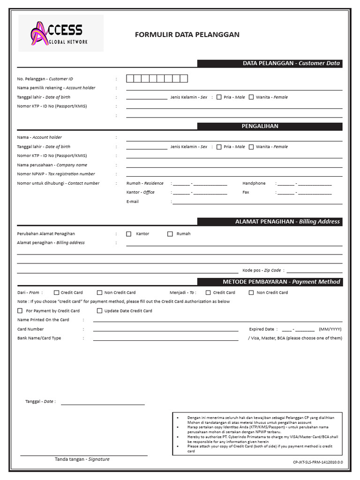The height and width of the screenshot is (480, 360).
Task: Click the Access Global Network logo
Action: (x=60, y=34)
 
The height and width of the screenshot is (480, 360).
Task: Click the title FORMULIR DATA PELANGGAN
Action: (x=187, y=35)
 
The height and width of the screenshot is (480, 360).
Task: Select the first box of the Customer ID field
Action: (x=130, y=79)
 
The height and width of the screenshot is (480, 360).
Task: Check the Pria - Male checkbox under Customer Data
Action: (x=219, y=97)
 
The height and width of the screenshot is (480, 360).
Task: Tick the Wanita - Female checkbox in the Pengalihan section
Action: (x=251, y=147)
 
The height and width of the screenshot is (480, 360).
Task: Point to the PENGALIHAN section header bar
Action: (x=270, y=127)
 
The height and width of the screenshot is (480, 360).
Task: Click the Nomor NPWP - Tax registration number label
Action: (x=56, y=174)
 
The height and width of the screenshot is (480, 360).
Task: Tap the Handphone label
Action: (x=254, y=183)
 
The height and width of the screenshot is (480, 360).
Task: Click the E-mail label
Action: (x=133, y=202)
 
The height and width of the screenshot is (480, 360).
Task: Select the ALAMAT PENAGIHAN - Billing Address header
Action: (x=270, y=222)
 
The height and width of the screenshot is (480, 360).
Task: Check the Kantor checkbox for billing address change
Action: (x=129, y=234)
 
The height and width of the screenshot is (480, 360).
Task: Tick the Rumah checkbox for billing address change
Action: (x=170, y=234)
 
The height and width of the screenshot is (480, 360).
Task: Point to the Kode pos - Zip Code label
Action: (x=262, y=270)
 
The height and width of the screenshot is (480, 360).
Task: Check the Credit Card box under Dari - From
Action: (x=57, y=292)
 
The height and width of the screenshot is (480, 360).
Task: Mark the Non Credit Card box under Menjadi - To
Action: (x=252, y=292)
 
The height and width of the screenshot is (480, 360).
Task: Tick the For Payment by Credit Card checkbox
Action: (x=20, y=311)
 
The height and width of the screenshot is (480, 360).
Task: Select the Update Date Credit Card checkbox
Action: (x=99, y=311)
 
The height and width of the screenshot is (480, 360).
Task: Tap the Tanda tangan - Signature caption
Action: (x=82, y=459)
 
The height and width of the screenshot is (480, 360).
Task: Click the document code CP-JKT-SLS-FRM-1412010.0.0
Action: (x=318, y=462)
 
